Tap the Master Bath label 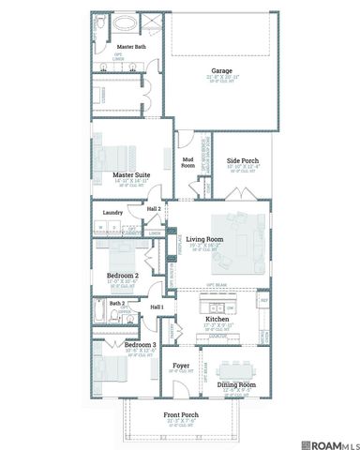tap(131, 46)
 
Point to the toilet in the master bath tap(100, 21)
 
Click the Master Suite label tap(132, 174)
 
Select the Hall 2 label tap(153, 208)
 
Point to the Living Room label tap(203, 239)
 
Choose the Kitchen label tap(217, 320)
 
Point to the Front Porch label tap(181, 415)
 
